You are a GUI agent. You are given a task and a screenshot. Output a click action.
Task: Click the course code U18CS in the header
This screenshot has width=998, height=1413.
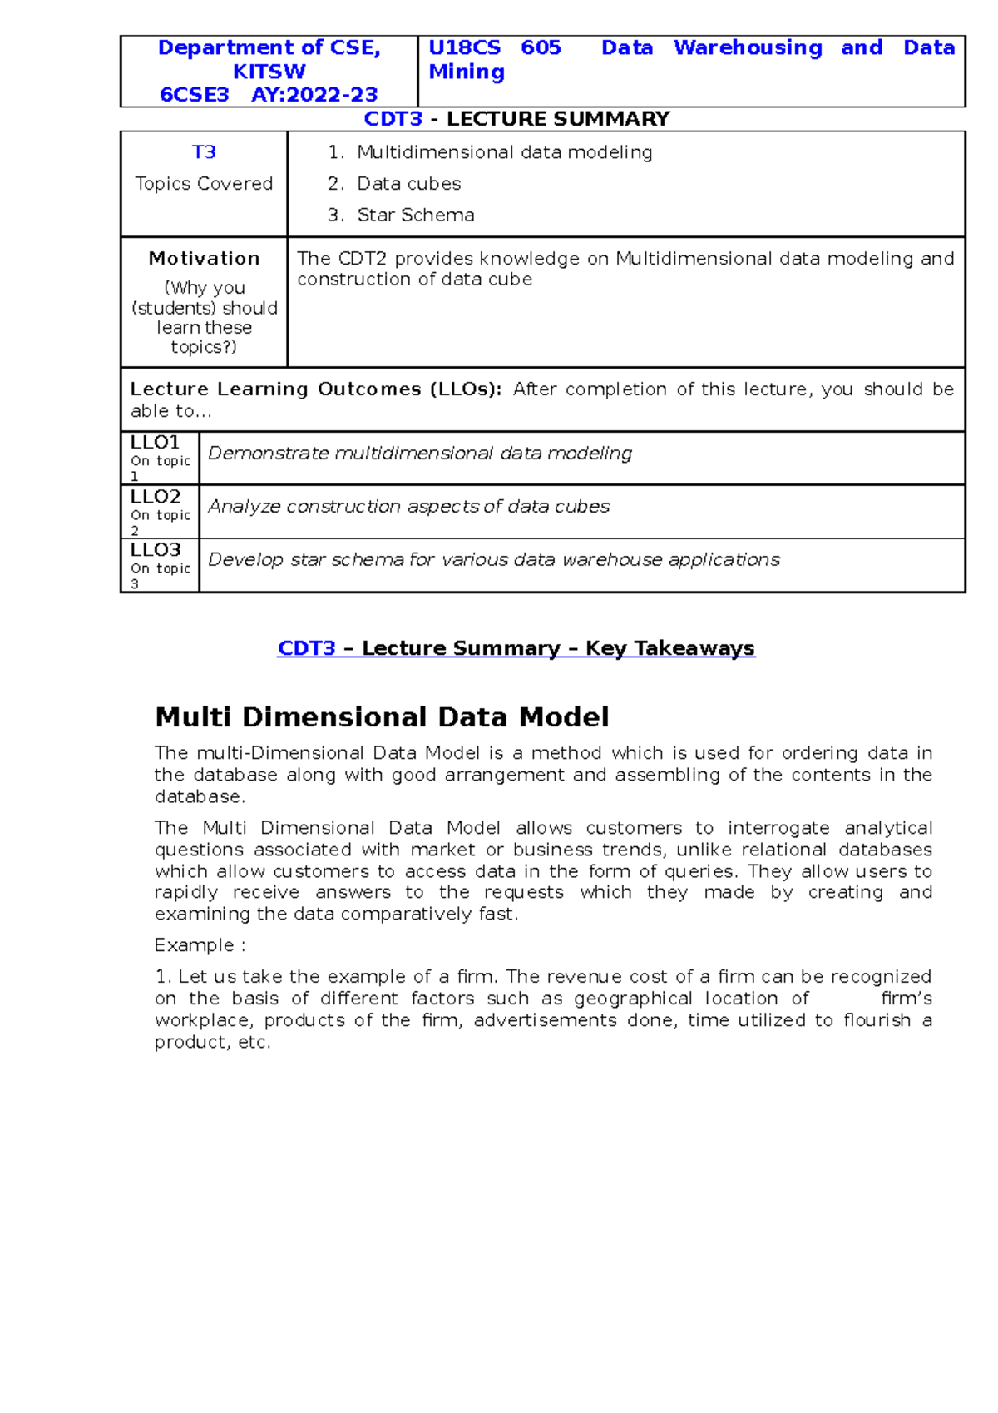click(x=464, y=48)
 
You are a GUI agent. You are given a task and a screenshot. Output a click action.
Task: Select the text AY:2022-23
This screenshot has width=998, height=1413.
click(x=314, y=95)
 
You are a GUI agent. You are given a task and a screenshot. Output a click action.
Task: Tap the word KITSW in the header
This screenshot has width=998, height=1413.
click(x=269, y=72)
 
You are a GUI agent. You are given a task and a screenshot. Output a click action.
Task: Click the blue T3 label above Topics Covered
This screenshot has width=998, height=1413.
click(x=204, y=152)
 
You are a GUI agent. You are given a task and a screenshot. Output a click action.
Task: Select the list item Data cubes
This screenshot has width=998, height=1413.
click(x=408, y=184)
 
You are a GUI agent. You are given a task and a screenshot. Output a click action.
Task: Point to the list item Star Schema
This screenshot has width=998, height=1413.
click(x=415, y=216)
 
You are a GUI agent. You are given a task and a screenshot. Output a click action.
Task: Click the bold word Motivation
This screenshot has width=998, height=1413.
click(x=204, y=259)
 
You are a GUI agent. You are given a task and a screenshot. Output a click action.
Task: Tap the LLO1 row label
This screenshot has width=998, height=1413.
click(x=155, y=443)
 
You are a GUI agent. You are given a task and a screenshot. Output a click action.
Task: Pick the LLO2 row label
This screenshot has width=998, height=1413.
click(x=156, y=497)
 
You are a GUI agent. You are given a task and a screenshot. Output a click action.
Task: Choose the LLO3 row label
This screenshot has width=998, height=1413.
click(x=156, y=550)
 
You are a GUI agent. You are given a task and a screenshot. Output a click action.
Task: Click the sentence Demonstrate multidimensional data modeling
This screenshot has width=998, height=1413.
click(x=420, y=454)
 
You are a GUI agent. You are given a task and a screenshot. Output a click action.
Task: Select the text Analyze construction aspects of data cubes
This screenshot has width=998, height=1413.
click(x=408, y=507)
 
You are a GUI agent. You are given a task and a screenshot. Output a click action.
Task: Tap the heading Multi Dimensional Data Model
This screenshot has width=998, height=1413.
click(x=382, y=717)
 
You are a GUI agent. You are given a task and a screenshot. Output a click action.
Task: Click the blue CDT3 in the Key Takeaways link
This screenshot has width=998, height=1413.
click(x=306, y=648)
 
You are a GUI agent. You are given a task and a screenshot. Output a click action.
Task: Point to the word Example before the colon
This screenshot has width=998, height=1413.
click(x=194, y=945)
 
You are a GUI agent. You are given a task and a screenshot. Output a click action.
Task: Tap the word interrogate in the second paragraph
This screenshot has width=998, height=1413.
click(x=778, y=828)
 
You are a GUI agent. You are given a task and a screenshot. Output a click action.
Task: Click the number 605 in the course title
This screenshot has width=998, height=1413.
click(x=541, y=48)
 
